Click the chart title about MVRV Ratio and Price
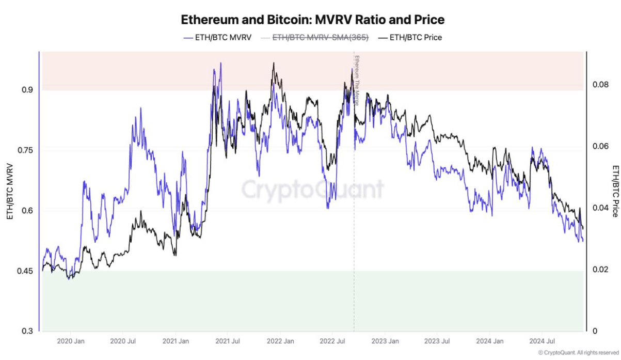tap(312, 20)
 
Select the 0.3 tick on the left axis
tap(26, 331)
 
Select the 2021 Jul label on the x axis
tap(229, 341)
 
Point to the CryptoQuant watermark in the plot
tap(313, 190)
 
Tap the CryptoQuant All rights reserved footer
tap(578, 352)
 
